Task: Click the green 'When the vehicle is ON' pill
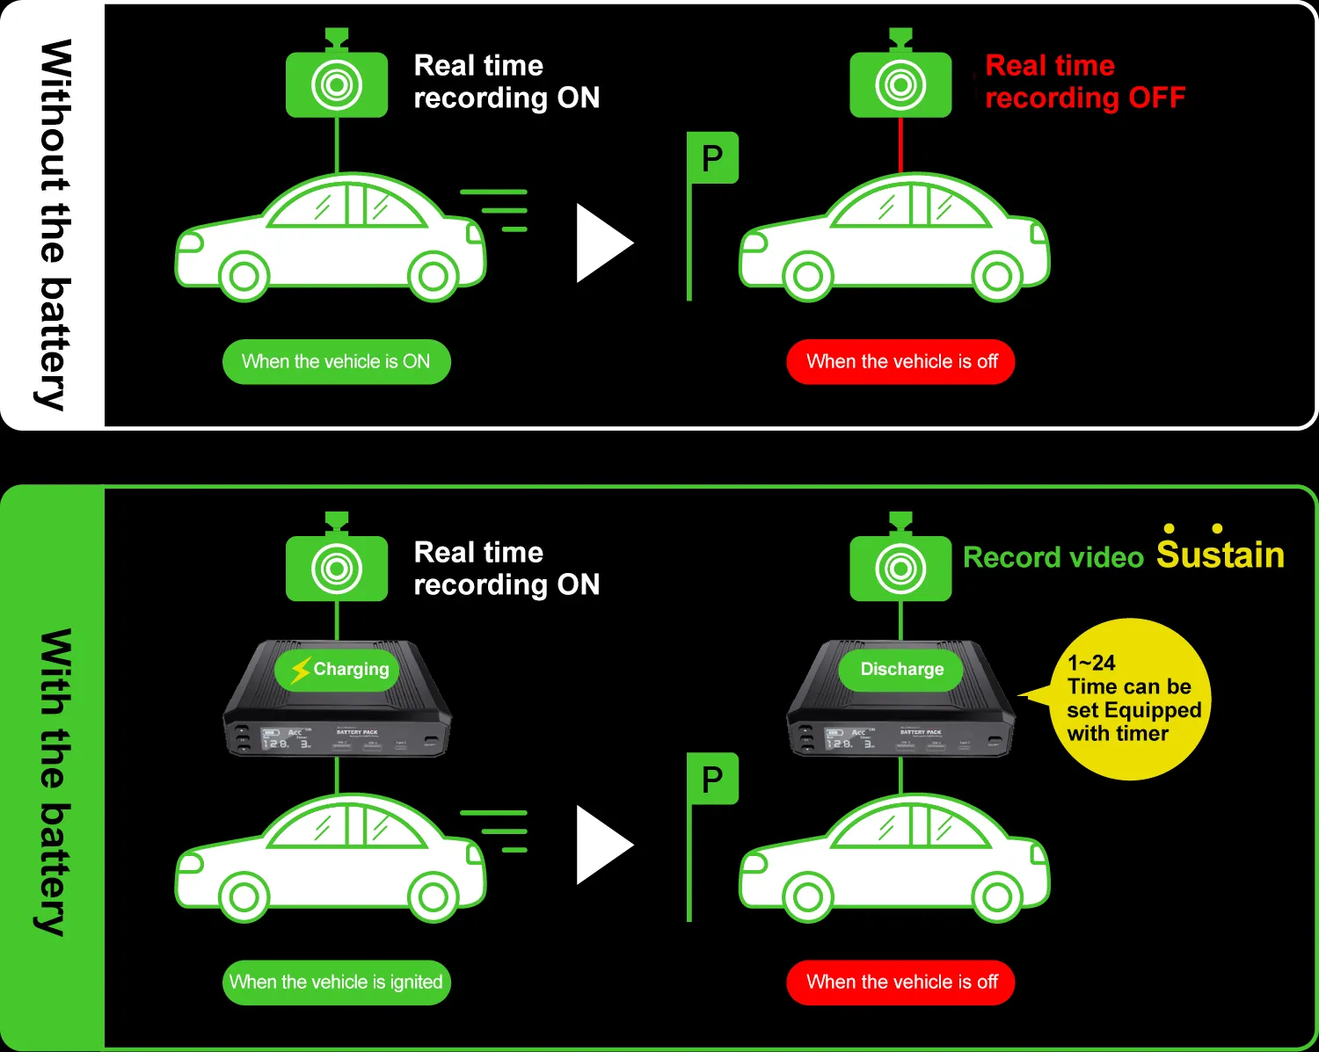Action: pos(336,362)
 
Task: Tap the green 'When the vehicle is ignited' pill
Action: pos(336,983)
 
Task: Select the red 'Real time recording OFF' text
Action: pos(1084,82)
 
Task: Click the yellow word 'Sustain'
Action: pos(1220,555)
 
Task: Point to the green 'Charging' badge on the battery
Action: pos(338,670)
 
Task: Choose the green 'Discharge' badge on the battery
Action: pos(901,670)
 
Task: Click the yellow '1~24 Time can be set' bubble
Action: pos(1131,699)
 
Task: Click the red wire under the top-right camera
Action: pos(900,145)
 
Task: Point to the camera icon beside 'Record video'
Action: pos(900,568)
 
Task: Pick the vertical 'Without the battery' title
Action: pos(55,224)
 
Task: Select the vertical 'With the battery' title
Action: pos(55,782)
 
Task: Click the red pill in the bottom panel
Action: pos(900,983)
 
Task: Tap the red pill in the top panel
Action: pos(900,362)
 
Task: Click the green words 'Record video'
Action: pos(1053,557)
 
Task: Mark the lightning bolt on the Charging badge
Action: pos(301,670)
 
